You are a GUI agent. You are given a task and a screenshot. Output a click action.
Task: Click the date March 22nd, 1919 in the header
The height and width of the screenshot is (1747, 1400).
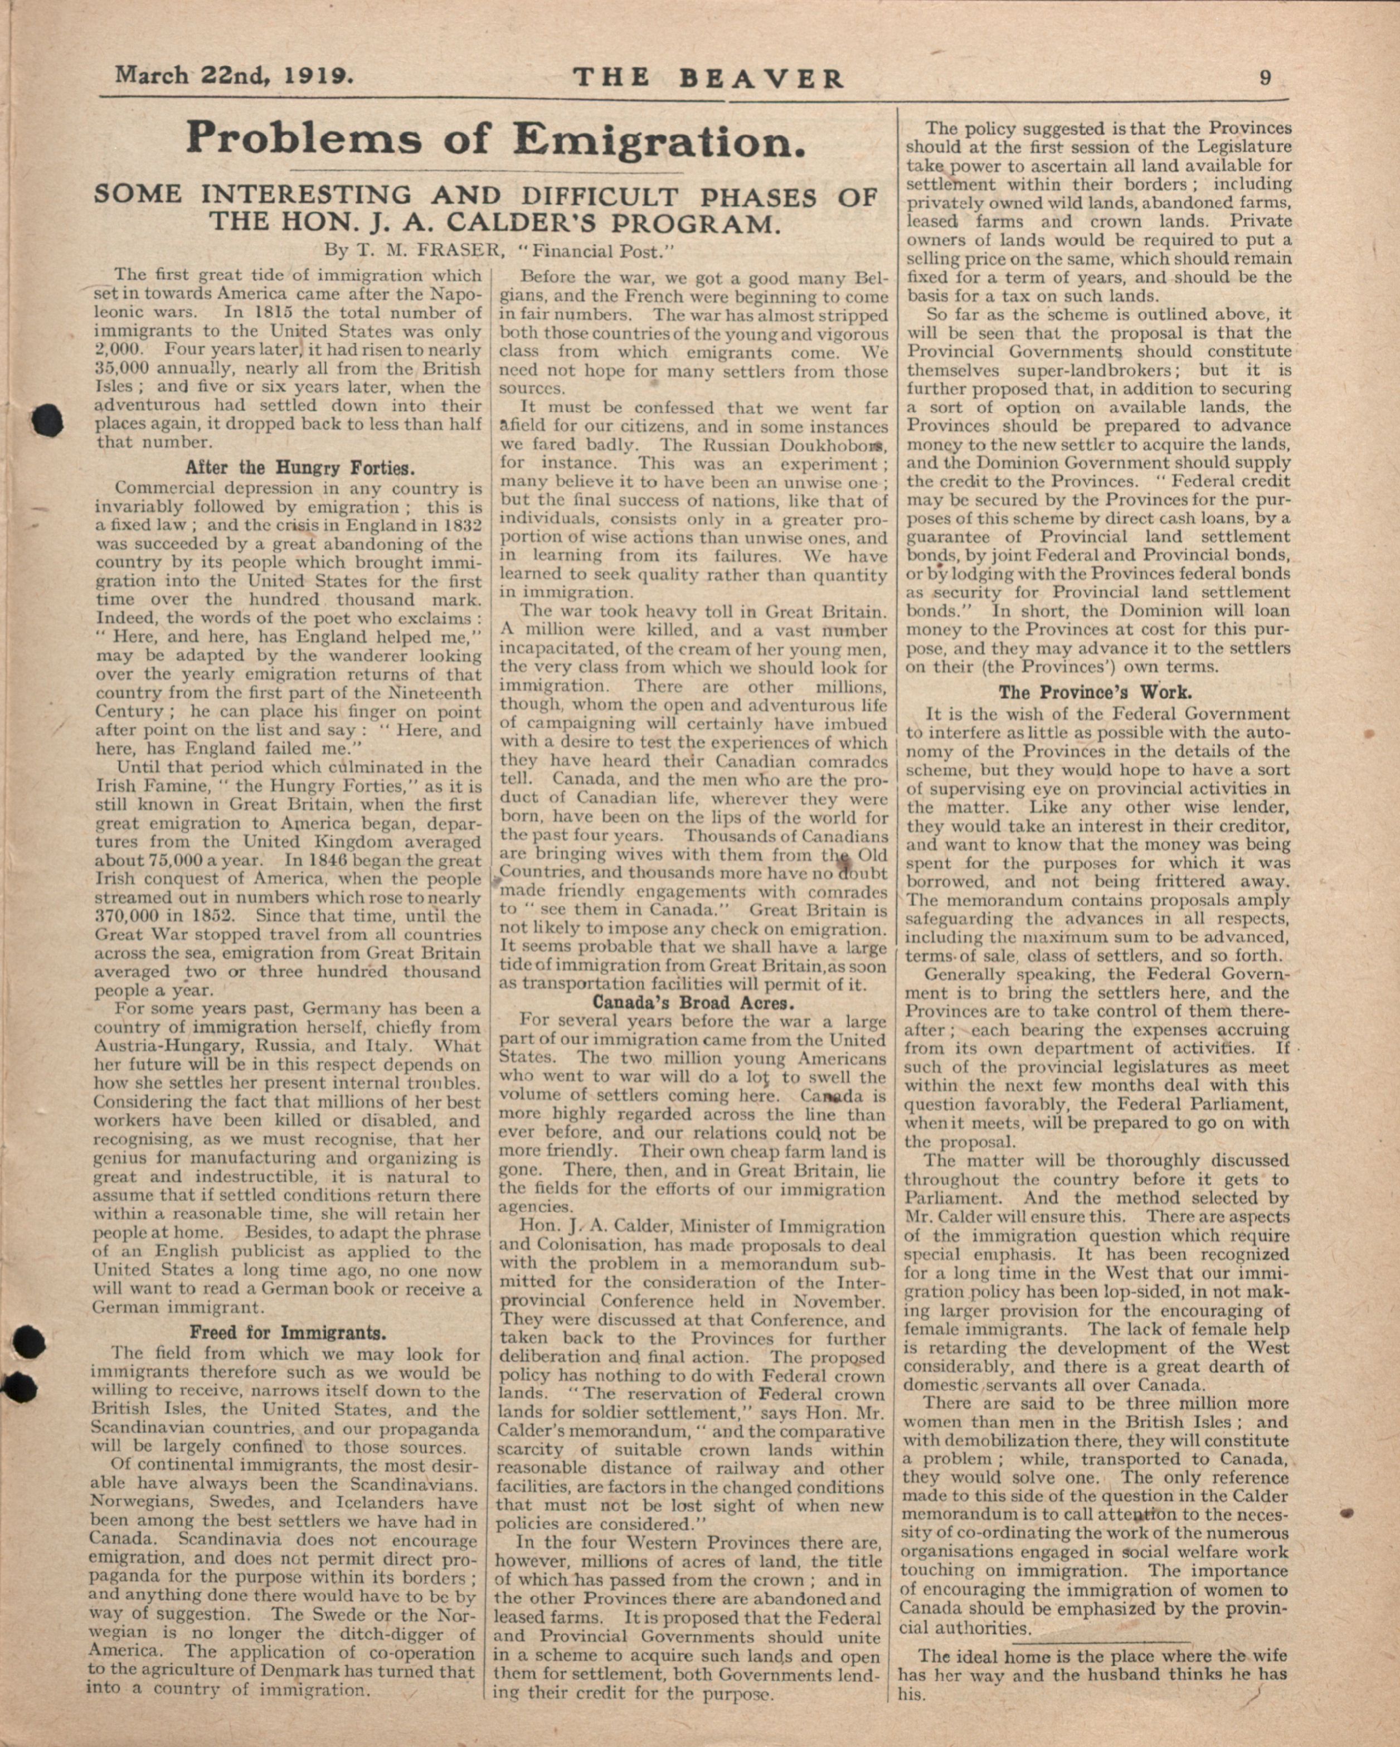point(234,76)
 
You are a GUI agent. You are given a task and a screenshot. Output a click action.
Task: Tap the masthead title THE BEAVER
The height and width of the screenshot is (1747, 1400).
point(708,78)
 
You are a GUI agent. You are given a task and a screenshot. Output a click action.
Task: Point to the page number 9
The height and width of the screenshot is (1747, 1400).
point(1265,78)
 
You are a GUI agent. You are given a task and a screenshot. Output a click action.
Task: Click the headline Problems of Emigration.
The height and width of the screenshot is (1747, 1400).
point(496,139)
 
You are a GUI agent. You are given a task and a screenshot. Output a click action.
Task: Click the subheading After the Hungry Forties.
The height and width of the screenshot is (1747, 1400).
point(300,468)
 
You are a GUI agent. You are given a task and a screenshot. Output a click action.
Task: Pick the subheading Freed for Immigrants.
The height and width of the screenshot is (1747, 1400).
point(288,1332)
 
